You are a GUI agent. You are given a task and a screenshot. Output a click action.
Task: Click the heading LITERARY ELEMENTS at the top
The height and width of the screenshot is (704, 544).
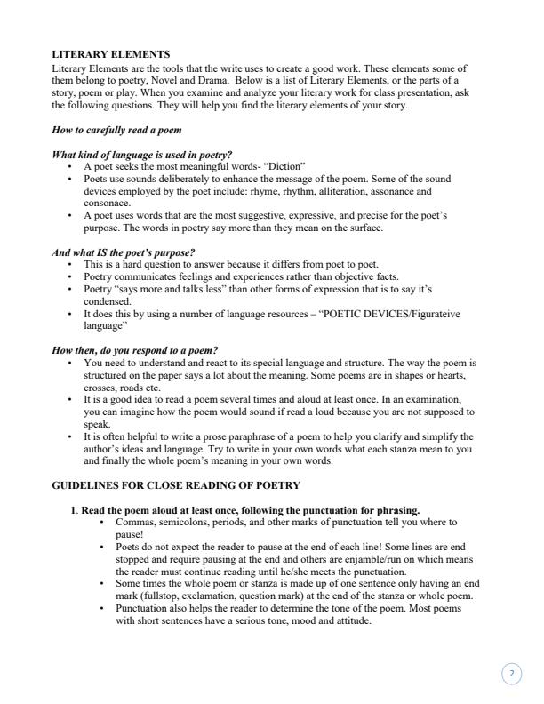(111, 55)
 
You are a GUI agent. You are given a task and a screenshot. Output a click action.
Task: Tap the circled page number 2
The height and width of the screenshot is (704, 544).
(511, 675)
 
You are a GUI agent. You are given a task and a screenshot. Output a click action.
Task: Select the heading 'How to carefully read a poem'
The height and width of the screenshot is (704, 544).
(116, 130)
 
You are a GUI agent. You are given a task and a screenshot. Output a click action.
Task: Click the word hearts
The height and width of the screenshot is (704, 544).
(459, 375)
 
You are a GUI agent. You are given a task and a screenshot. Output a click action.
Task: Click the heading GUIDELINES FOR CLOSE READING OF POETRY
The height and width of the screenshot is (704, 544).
(176, 485)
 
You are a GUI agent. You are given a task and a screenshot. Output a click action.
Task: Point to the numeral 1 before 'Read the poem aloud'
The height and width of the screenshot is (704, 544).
(73, 510)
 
